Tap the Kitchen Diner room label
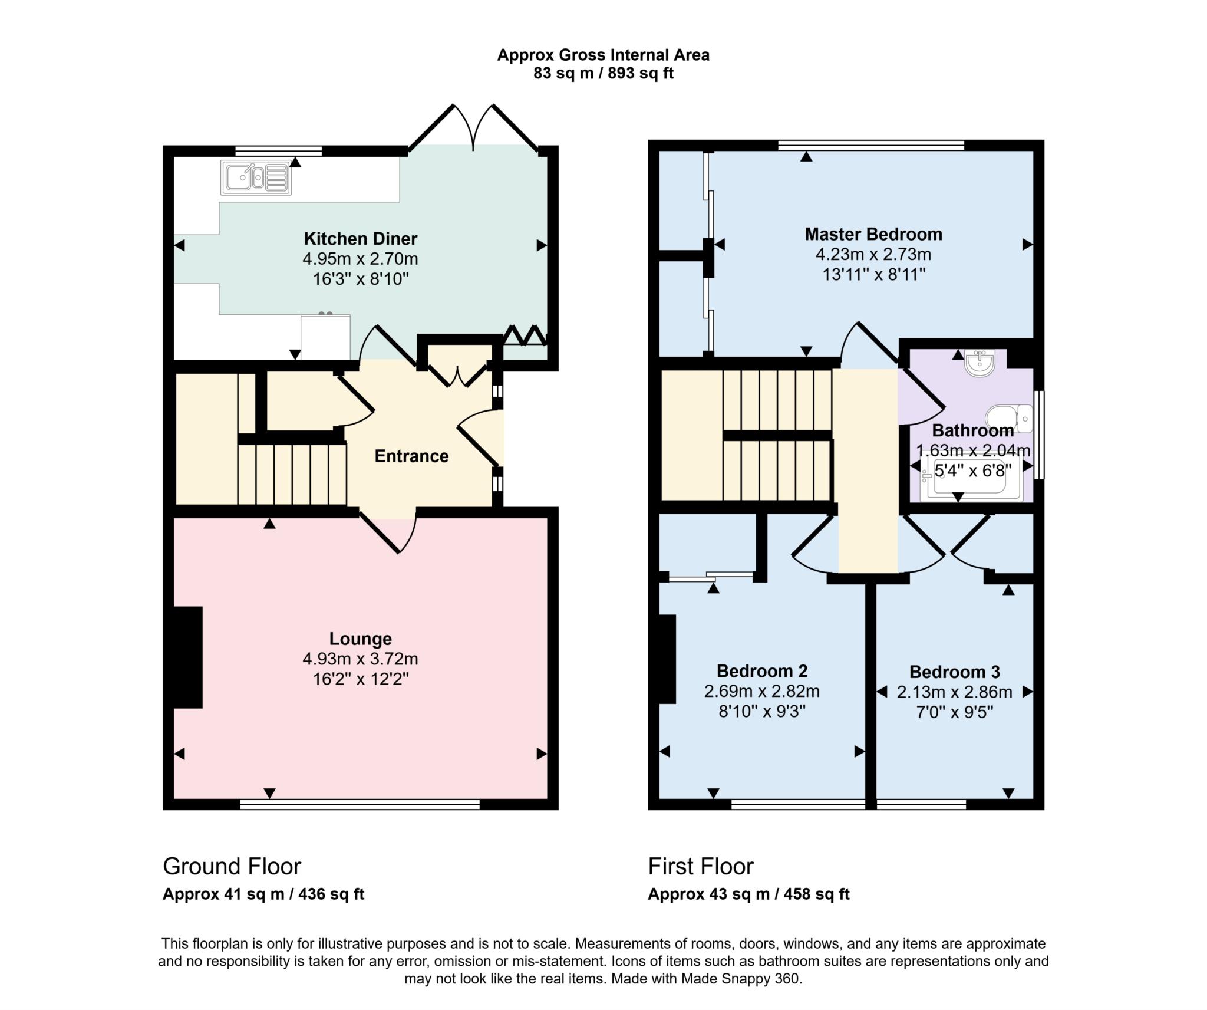coord(360,239)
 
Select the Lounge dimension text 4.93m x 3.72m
coord(360,659)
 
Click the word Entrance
coord(411,456)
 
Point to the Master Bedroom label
coord(873,234)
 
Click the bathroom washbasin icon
coord(980,362)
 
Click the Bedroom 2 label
coord(761,671)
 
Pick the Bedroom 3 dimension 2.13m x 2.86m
coord(954,692)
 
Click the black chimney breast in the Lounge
coord(188,657)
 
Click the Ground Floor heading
coord(232,866)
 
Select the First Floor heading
coord(700,866)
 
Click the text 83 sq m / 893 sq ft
coord(603,74)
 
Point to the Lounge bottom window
coord(360,804)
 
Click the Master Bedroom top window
coord(870,145)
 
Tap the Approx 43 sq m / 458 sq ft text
coord(748,894)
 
